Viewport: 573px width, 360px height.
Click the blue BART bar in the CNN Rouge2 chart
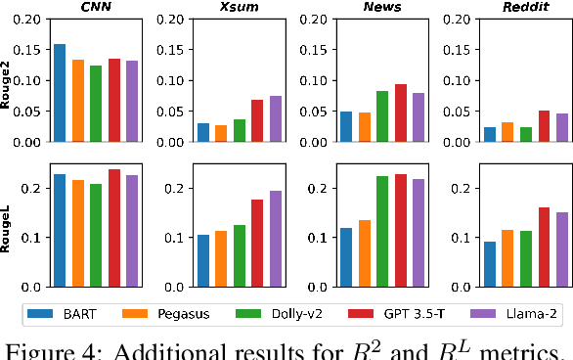(x=60, y=93)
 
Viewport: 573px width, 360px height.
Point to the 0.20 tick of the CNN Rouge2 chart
(x=29, y=20)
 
